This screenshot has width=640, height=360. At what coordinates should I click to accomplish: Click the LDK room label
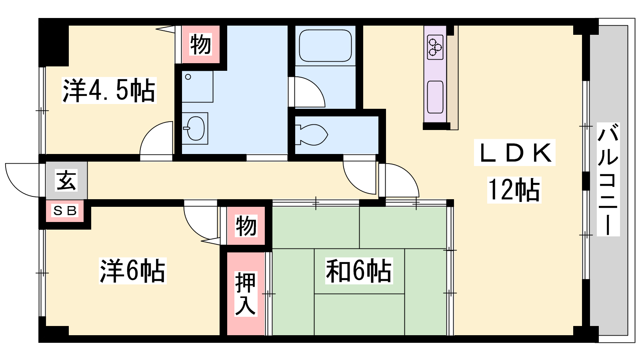(x=515, y=153)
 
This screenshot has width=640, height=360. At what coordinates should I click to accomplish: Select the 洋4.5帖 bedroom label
(x=109, y=90)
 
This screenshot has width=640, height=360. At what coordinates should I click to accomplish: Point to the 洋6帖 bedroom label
(x=132, y=270)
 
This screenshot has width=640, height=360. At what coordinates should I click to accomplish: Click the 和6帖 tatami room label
(x=359, y=270)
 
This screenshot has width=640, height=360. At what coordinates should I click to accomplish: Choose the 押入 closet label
(x=245, y=294)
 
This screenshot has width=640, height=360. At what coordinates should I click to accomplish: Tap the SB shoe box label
(x=65, y=211)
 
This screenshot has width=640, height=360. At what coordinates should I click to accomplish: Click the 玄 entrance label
(x=66, y=180)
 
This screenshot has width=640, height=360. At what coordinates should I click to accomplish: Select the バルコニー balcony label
(x=608, y=180)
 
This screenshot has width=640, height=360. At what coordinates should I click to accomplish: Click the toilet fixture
(x=312, y=135)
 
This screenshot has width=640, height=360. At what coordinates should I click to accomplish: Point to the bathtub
(x=325, y=46)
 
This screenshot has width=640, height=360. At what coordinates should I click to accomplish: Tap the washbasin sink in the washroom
(x=195, y=128)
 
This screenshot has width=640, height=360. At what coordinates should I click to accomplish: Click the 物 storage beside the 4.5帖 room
(x=201, y=44)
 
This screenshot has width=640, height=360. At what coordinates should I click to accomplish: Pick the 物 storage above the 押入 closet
(x=246, y=226)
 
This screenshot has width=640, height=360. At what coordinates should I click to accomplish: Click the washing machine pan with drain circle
(x=198, y=86)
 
